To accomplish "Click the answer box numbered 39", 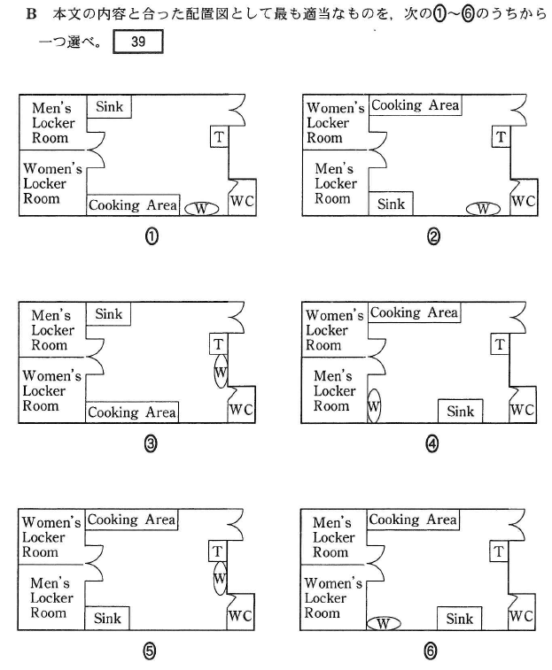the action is [138, 42].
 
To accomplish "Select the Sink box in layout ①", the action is [109, 106].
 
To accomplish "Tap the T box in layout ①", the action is [219, 136].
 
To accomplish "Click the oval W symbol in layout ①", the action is [201, 209].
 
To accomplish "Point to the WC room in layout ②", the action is [524, 197].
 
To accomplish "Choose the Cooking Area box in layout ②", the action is [415, 105].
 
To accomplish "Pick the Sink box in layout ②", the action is [391, 204].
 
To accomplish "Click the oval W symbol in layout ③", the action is [221, 372].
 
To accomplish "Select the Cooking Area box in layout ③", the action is [132, 412].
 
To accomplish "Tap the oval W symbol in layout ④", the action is [374, 406].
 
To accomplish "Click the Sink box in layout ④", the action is [461, 411].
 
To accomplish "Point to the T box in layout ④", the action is [500, 344].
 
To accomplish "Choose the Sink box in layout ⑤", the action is [107, 619].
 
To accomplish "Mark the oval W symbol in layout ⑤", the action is [220, 578].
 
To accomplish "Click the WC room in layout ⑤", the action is [240, 612].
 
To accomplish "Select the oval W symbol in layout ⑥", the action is [384, 624].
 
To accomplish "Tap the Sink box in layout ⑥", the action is [460, 619].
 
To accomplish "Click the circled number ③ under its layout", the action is [151, 444].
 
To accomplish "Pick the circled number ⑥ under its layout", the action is [431, 651].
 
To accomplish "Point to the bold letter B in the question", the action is [31, 13].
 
